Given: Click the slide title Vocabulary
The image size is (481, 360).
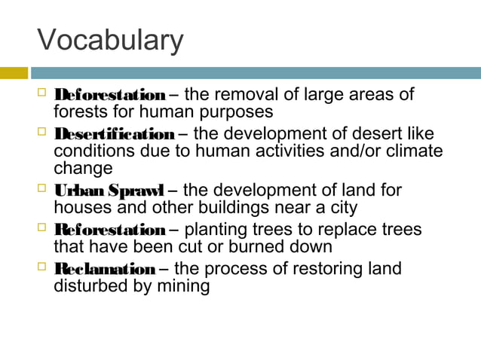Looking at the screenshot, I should click(x=110, y=41).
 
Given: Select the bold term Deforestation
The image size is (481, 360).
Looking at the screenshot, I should click(x=109, y=96).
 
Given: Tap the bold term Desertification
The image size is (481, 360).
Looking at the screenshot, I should click(x=114, y=135).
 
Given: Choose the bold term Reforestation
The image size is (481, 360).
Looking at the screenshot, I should click(x=109, y=230).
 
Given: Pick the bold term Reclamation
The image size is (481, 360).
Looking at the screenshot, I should click(x=104, y=269).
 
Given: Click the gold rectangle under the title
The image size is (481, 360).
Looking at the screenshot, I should click(x=14, y=73).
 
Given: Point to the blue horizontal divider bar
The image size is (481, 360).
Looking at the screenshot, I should click(x=256, y=73).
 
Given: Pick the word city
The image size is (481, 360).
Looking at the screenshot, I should click(x=342, y=207).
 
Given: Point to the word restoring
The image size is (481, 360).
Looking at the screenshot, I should click(x=328, y=269).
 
